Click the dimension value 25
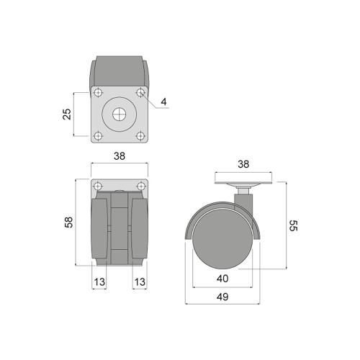tap(67, 114)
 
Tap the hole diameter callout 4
tap(163, 102)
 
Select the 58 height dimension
tap(68, 222)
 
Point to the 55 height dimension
tap(293, 225)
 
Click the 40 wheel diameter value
tap(222, 279)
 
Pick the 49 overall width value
tap(222, 297)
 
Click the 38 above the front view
tap(120, 156)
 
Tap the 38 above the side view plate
tap(243, 164)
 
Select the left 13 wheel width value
tap(99, 282)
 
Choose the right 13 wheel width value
tap(140, 282)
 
